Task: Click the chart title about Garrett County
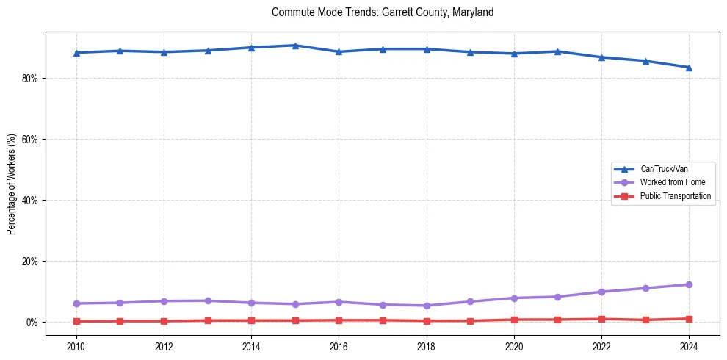pos(383,12)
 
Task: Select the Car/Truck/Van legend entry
pos(664,169)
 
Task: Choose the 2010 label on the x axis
pos(76,346)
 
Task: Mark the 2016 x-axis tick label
pos(339,346)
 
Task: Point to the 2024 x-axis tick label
pos(689,346)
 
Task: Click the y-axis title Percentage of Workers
pos(12,184)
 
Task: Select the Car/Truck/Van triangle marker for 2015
pos(295,46)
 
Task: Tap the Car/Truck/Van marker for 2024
pos(689,68)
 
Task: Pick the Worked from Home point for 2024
pos(689,284)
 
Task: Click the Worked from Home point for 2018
pos(427,306)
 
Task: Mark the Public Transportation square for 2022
pos(601,319)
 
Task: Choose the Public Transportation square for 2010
pos(76,321)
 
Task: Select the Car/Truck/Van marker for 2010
pos(76,53)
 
